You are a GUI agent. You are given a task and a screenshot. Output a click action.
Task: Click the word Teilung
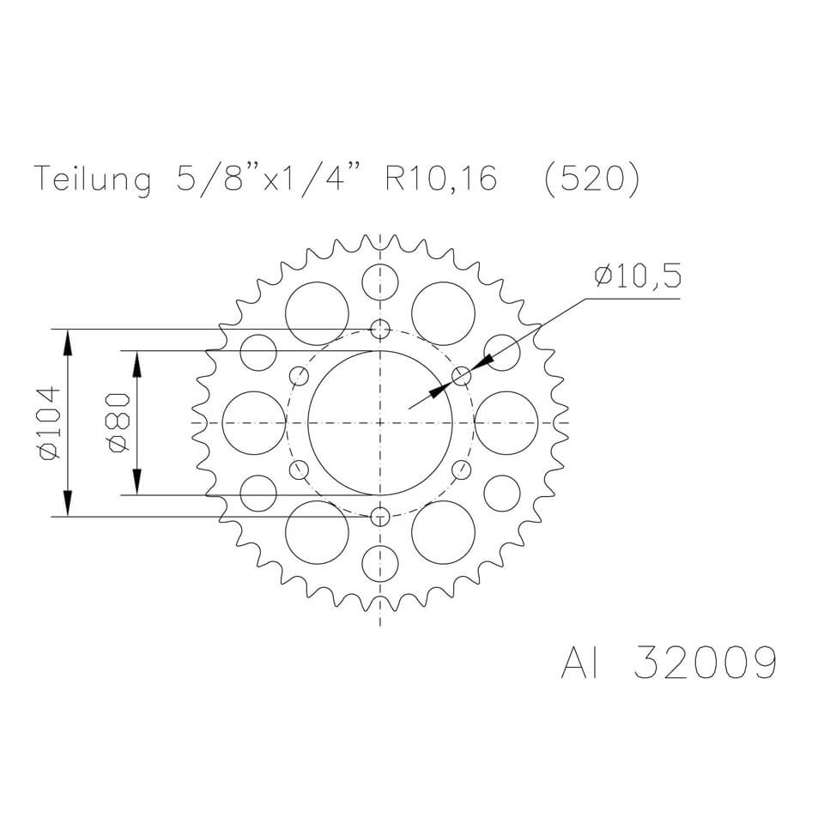(92, 181)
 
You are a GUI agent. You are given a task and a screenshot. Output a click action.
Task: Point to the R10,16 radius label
(441, 181)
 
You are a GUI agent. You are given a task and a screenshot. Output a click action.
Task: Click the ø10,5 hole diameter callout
(636, 277)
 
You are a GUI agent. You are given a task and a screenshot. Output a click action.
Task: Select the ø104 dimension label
(48, 423)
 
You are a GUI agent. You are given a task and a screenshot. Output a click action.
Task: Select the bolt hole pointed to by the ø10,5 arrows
(462, 376)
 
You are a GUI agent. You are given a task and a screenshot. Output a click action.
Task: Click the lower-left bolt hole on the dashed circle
(299, 470)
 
